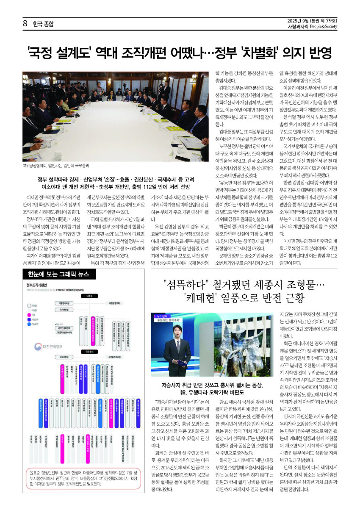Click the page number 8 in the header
point(25,24)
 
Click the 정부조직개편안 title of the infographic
point(36,285)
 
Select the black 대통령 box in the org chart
point(89,296)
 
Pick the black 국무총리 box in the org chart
point(89,351)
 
